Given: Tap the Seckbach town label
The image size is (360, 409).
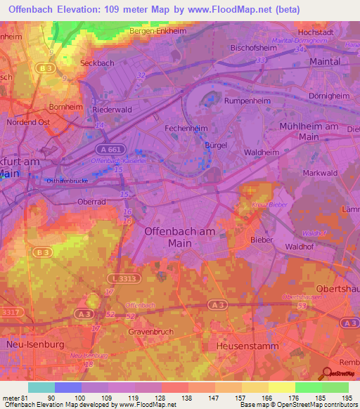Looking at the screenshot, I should [x=98, y=61].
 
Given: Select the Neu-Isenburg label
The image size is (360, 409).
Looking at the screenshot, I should [x=35, y=346].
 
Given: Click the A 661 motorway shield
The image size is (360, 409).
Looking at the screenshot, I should [x=108, y=149].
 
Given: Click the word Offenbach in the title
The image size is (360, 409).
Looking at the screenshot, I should [x=33, y=9].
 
